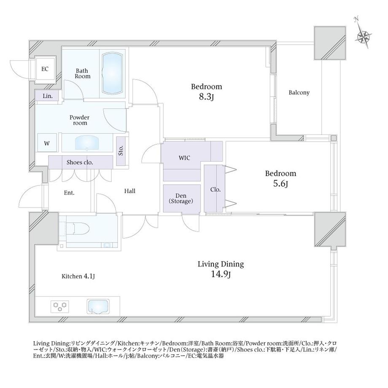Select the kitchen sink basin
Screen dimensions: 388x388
[98, 307]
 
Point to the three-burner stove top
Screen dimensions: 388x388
[59, 307]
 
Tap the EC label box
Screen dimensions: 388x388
[45, 69]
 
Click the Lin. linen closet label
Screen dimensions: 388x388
[48, 96]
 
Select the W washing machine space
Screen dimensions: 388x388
[47, 143]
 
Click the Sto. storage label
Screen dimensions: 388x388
[121, 151]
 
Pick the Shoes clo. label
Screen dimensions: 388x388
[80, 162]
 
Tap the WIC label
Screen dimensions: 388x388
[184, 158]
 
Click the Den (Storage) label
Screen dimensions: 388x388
[181, 199]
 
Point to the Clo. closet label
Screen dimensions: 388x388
[215, 189]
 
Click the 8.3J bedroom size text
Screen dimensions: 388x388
[206, 97]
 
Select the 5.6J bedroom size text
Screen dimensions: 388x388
[280, 183]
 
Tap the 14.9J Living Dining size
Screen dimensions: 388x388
[221, 274]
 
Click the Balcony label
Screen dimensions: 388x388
[299, 92]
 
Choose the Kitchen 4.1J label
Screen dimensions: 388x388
[78, 276]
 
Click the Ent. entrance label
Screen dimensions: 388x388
[69, 193]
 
